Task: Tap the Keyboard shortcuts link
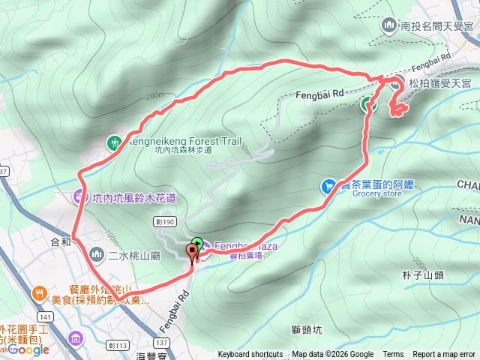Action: pyautogui.click(x=250, y=355)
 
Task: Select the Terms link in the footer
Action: pyautogui.click(x=393, y=355)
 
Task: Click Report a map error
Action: pyautogui.click(x=444, y=355)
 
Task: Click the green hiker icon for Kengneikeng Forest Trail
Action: pyautogui.click(x=114, y=140)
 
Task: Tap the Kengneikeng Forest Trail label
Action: pyautogui.click(x=175, y=139)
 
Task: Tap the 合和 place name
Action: pyautogui.click(x=60, y=241)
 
